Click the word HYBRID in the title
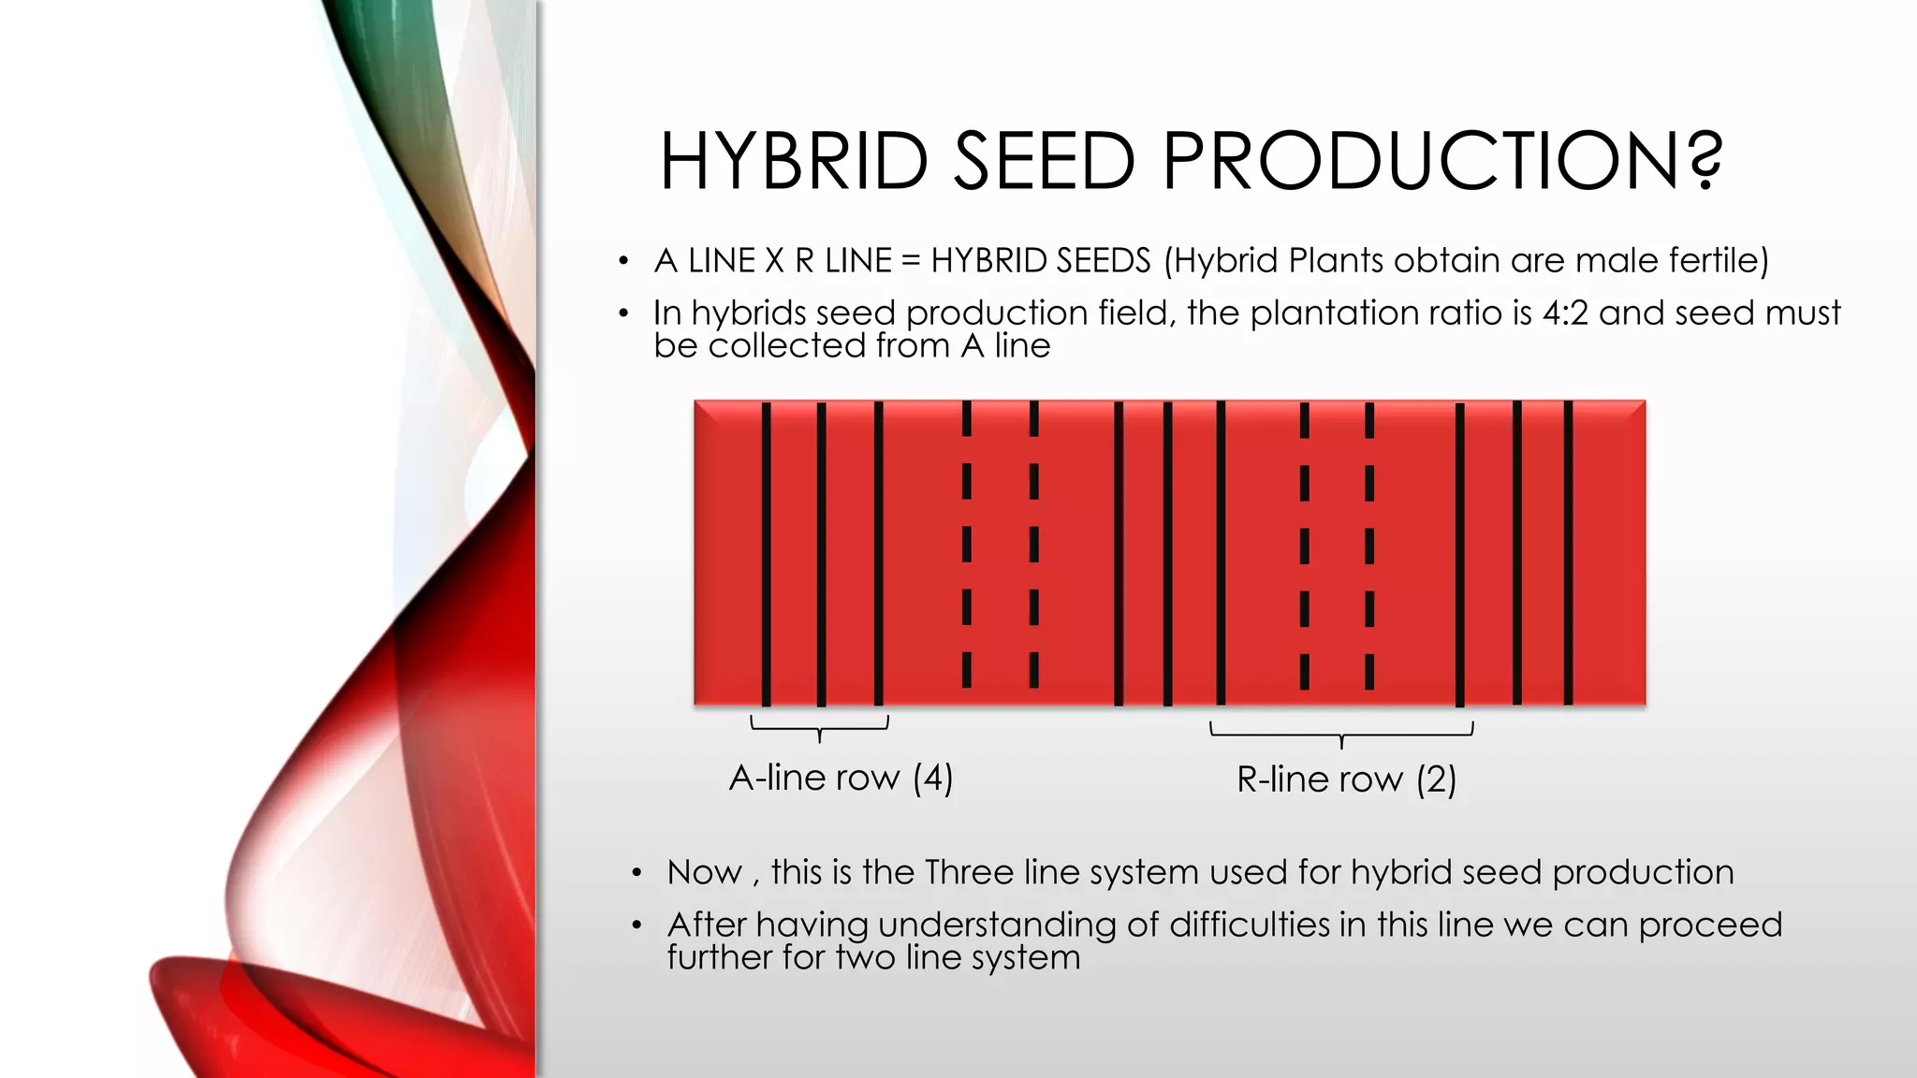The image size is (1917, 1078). click(x=794, y=161)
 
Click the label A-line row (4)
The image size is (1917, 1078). click(x=841, y=778)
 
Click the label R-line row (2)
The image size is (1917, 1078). click(x=1346, y=779)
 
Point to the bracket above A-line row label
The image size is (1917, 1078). click(x=820, y=726)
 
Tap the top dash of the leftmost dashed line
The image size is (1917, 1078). click(x=967, y=419)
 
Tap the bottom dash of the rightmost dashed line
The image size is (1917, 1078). click(x=1369, y=671)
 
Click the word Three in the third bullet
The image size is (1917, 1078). click(x=969, y=872)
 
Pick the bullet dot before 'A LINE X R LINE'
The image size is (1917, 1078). click(x=623, y=262)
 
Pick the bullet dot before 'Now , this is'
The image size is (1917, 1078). click(x=637, y=874)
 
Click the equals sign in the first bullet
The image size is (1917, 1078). click(x=911, y=261)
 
